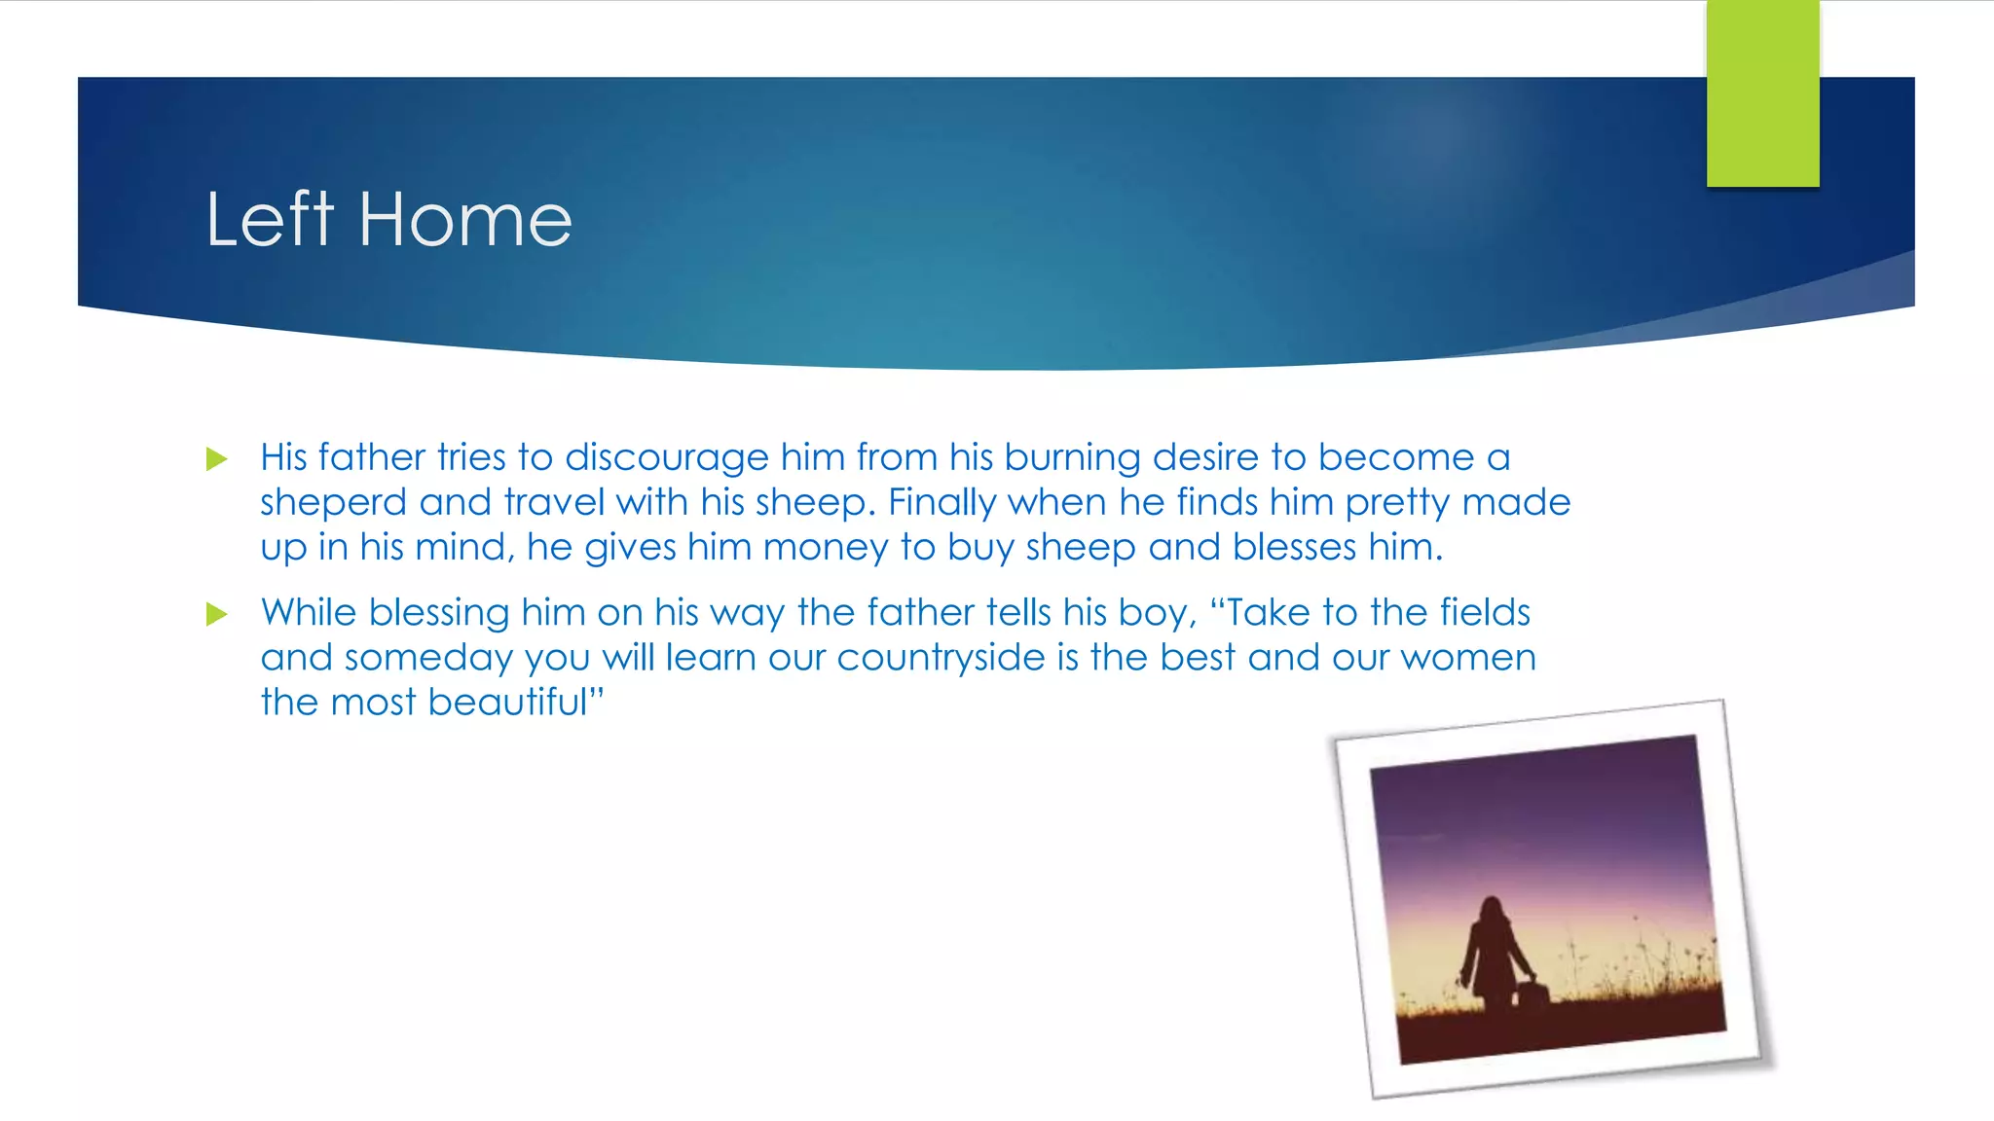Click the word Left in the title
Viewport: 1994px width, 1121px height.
tap(270, 220)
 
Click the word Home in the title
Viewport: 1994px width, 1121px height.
tap(465, 220)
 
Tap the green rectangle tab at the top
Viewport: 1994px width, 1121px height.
tap(1762, 92)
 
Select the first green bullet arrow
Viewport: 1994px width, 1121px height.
tap(216, 458)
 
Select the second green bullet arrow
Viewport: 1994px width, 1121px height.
tap(216, 614)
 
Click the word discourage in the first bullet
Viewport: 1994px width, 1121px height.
tap(667, 458)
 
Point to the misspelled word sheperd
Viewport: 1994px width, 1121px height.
tap(333, 503)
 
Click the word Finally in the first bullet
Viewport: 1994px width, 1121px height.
tap(942, 503)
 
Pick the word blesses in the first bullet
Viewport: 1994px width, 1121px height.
tap(1294, 548)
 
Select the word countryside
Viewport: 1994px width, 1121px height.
tap(941, 658)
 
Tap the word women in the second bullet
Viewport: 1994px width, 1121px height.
tap(1468, 658)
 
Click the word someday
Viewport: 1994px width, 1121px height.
tap(428, 658)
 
